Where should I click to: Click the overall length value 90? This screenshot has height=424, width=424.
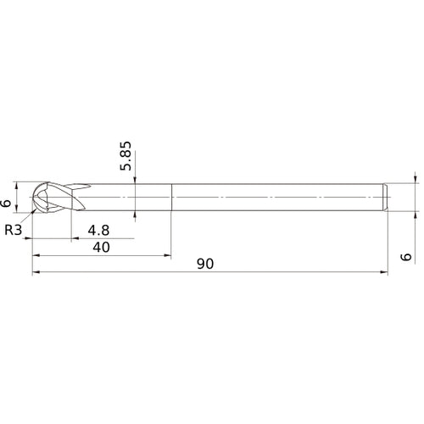204,264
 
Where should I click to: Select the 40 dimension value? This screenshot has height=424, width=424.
101,247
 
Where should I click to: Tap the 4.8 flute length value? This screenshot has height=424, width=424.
99,229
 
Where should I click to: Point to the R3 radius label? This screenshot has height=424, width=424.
14,229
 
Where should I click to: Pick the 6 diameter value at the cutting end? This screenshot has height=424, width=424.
8,203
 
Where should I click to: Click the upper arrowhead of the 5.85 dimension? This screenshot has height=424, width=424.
136,180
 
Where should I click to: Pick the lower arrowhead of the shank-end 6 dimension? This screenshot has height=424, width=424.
416,213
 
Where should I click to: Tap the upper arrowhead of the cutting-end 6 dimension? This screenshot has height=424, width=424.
16,182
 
